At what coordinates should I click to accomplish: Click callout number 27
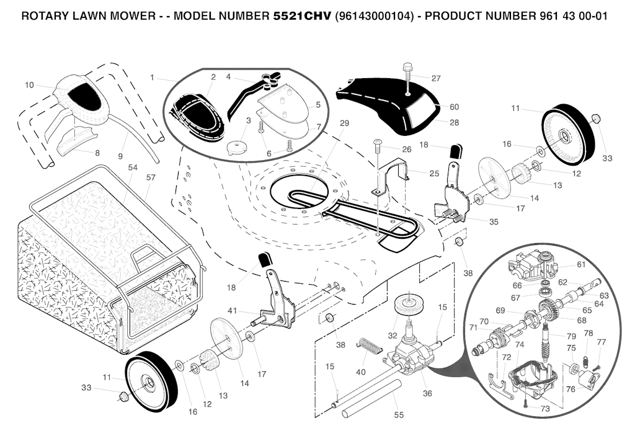coord(436,79)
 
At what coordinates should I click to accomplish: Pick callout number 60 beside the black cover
coord(454,107)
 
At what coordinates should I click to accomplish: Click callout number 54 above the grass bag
coord(133,168)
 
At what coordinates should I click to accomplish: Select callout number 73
coord(545,409)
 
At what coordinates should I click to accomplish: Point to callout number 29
coord(345,123)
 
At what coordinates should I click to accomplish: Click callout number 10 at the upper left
coord(29,85)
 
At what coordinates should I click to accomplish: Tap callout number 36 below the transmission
coord(427,393)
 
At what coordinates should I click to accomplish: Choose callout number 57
coord(151,177)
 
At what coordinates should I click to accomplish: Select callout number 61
coord(580,265)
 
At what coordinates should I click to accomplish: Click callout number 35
coord(494,221)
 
